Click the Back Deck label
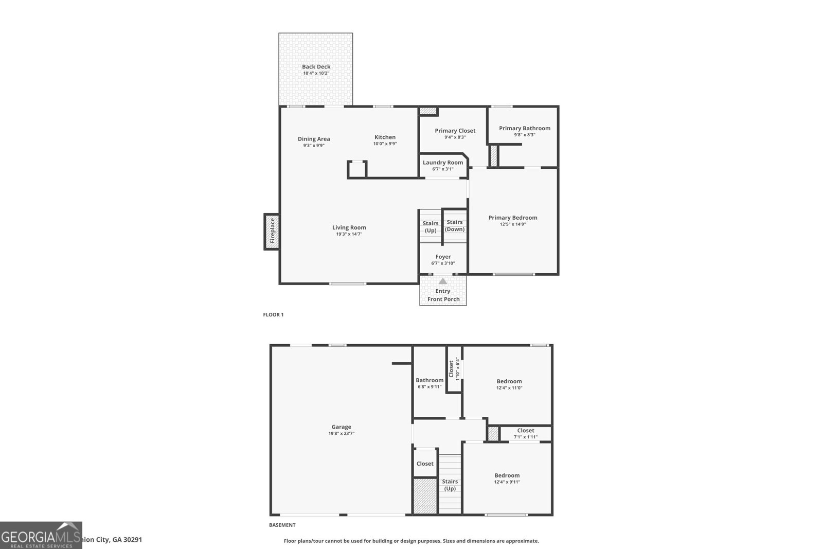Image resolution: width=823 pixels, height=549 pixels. tap(316, 66)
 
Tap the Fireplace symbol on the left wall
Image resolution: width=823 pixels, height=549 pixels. tap(272, 232)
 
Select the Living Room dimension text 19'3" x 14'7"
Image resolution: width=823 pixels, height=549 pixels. tap(349, 234)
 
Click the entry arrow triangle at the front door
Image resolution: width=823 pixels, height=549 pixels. tap(443, 281)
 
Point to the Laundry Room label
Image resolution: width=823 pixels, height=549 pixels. tap(443, 162)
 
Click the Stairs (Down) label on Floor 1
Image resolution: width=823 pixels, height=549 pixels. tap(455, 226)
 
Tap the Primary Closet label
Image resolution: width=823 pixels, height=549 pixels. tap(455, 131)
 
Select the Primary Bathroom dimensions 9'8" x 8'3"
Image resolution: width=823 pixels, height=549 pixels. tap(524, 135)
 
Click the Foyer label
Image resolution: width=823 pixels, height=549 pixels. tap(443, 257)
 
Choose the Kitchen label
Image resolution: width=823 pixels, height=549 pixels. tap(385, 137)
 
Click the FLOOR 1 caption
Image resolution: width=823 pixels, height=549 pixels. tap(273, 314)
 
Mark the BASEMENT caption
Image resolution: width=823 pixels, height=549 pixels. tap(282, 525)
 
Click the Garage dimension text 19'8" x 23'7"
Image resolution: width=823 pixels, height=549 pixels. tap(342, 433)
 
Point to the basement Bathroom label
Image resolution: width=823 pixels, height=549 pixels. tap(430, 380)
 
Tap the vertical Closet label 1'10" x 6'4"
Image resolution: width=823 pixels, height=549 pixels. tap(454, 368)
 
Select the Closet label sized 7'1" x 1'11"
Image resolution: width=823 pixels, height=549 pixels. tap(525, 431)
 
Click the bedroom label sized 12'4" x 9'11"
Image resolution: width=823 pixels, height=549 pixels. tap(507, 475)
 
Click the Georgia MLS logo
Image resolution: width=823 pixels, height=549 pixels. tap(41, 535)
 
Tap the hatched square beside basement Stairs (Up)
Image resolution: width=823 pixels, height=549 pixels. tap(425, 496)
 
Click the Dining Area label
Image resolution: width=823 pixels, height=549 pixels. tap(314, 139)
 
